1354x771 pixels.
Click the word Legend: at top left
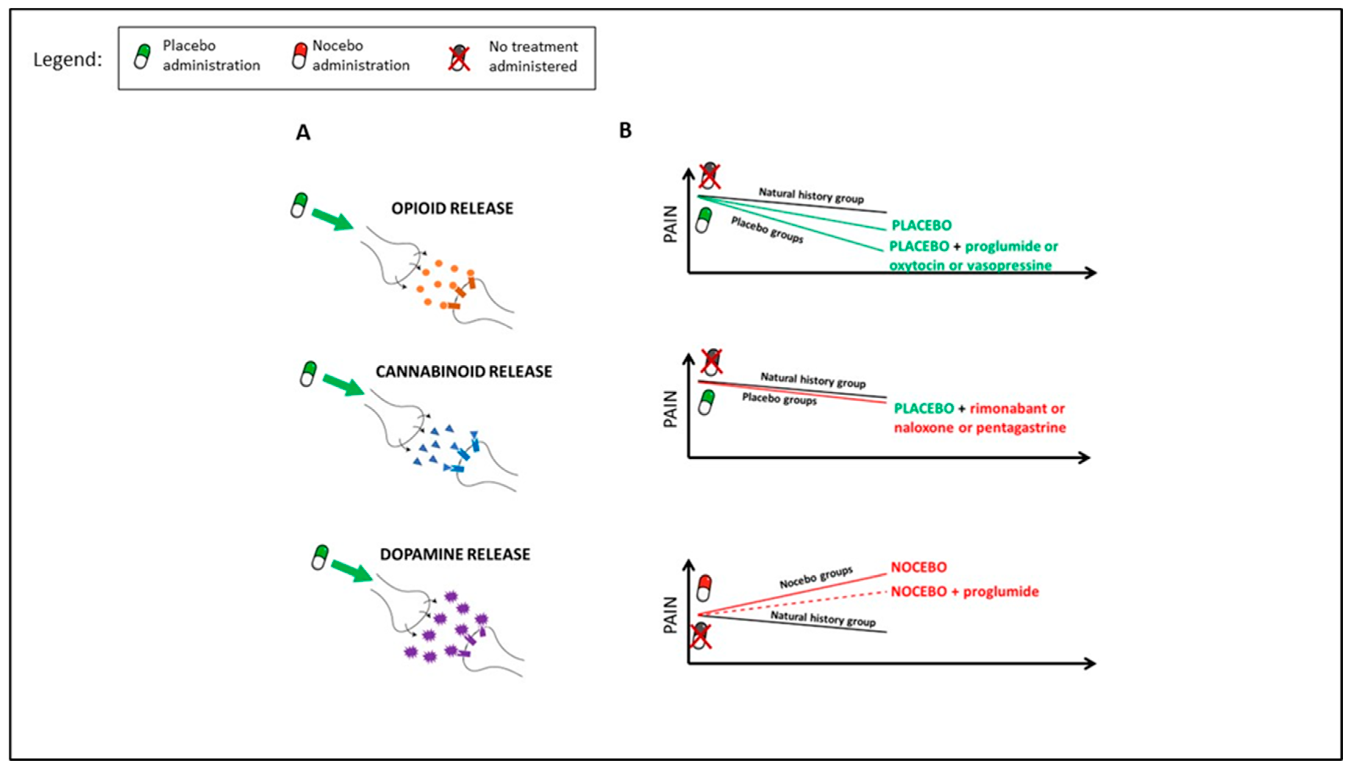67,59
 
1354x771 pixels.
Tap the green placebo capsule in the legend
142,56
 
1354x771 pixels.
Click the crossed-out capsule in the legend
459,58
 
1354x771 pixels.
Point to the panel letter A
303,132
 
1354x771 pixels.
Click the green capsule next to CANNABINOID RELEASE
308,374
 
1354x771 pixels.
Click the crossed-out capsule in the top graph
709,176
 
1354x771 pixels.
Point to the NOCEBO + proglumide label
964,591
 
